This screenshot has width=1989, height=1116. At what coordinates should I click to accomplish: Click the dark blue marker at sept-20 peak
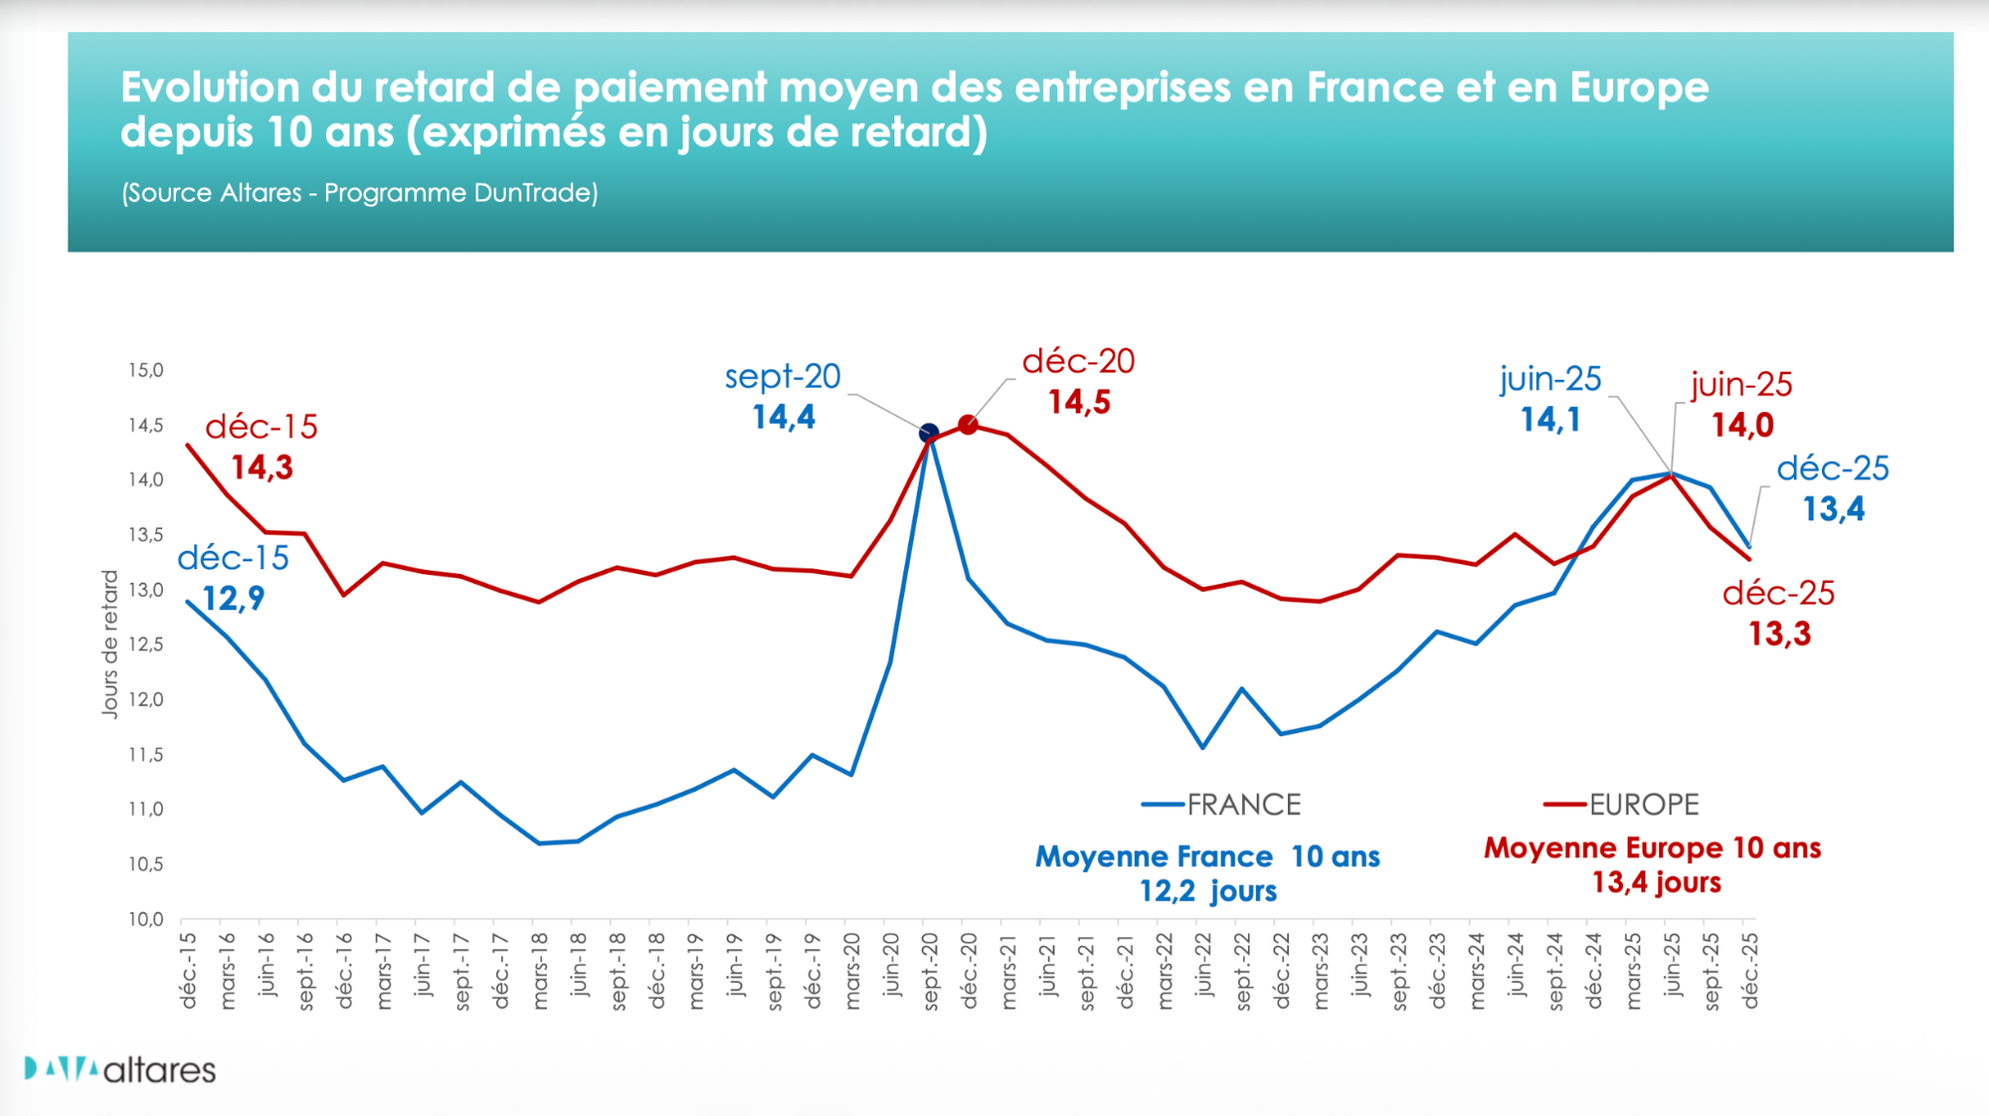[x=929, y=433]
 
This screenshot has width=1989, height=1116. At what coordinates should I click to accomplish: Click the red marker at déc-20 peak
[x=968, y=425]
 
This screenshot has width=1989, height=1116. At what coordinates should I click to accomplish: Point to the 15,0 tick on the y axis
[x=145, y=370]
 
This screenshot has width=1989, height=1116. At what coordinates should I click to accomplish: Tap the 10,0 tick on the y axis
[x=145, y=919]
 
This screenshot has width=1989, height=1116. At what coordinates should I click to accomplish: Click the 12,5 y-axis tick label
[x=145, y=645]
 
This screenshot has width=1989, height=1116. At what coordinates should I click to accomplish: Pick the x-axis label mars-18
[x=540, y=971]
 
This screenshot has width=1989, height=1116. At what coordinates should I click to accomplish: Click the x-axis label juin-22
[x=1203, y=965]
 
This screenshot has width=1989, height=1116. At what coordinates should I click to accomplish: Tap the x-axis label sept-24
[x=1555, y=971]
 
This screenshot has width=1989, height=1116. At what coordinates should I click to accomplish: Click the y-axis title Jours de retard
[x=109, y=644]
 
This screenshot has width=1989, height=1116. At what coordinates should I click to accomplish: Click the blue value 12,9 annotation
[x=234, y=599]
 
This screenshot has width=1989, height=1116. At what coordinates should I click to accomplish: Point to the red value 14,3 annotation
[x=263, y=467]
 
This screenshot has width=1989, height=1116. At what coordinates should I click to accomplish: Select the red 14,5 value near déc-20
[x=1079, y=402]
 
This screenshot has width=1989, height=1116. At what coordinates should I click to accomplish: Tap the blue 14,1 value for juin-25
[x=1550, y=420]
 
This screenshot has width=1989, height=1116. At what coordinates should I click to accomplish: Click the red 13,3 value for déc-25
[x=1780, y=634]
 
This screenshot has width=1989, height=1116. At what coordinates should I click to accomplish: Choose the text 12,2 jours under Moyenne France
[x=1207, y=890]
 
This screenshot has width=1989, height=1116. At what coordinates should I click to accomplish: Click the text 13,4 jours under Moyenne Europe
[x=1656, y=882]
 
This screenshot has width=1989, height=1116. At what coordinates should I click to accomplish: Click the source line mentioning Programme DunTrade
[x=360, y=193]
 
